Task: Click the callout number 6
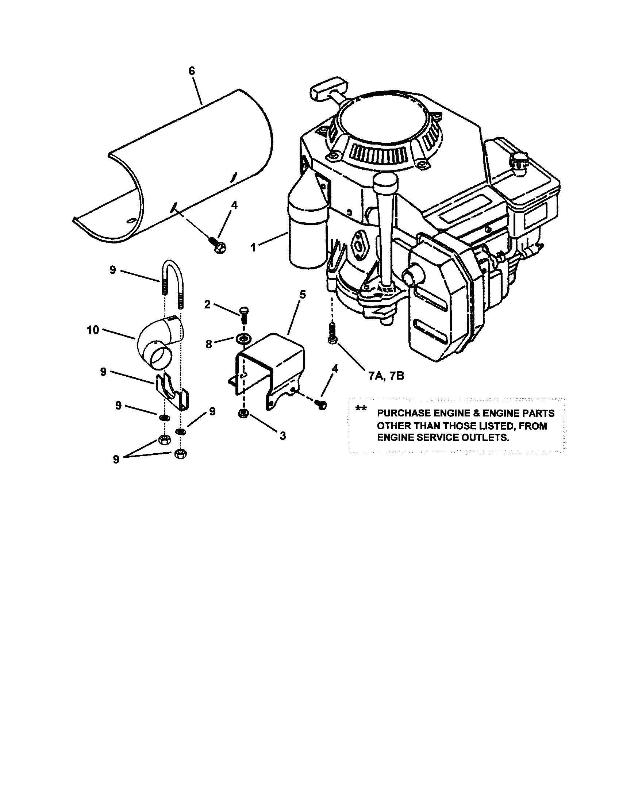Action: click(192, 70)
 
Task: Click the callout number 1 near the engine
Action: click(253, 247)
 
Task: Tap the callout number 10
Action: click(93, 330)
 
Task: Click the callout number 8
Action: click(209, 345)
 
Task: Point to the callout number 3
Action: click(282, 436)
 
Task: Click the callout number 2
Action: click(207, 304)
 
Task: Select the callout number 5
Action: click(302, 295)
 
